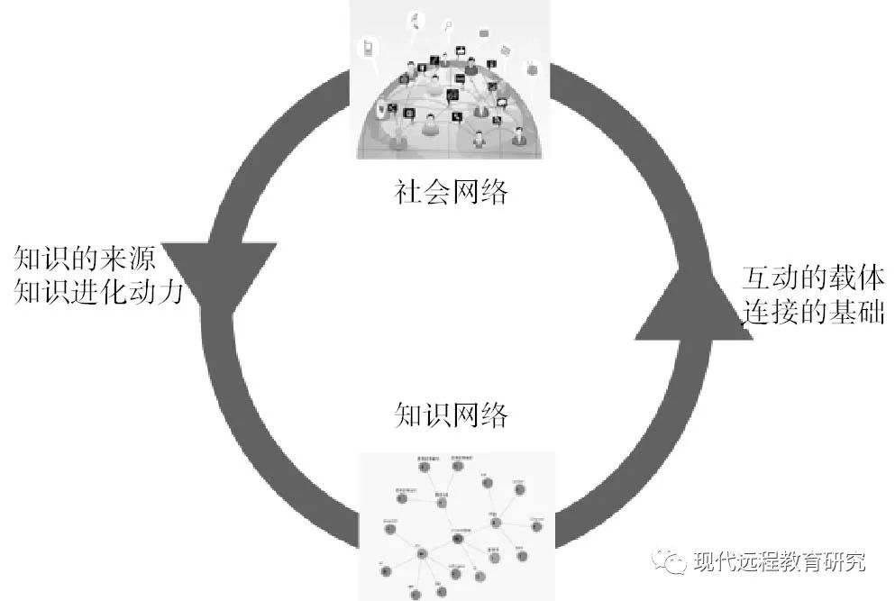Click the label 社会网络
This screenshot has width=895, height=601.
click(451, 191)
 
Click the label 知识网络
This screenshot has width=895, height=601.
click(451, 415)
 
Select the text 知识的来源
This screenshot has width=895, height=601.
click(85, 260)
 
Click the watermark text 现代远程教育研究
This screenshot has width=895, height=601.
click(781, 563)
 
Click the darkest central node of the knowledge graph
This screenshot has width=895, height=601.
click(459, 538)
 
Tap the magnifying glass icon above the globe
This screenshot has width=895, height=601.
click(417, 20)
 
